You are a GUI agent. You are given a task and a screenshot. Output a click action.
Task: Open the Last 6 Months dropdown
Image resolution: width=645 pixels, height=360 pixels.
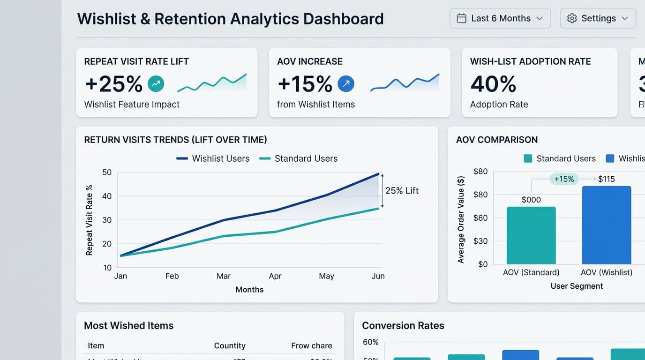coord(500,18)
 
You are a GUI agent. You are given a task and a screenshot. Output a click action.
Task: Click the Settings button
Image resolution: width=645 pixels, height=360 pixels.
coord(598,18)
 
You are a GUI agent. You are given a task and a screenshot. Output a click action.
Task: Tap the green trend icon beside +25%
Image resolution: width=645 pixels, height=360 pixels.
coord(156,84)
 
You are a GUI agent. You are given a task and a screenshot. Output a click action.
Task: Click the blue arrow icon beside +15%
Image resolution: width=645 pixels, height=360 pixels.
coord(346,84)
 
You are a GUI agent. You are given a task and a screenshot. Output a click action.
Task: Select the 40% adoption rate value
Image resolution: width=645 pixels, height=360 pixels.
coord(493,84)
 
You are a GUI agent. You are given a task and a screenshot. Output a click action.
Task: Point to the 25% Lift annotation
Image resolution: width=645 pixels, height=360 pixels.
coord(402,190)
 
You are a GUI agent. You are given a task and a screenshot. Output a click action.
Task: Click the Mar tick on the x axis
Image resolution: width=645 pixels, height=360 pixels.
coord(224,276)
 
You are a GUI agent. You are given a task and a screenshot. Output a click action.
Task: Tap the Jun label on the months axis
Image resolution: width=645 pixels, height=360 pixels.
coord(378,276)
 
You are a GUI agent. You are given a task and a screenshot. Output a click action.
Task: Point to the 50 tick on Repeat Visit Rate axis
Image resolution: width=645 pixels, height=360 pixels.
coord(107,172)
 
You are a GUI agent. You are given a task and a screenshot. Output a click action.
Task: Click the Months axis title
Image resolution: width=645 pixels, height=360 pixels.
coord(249,290)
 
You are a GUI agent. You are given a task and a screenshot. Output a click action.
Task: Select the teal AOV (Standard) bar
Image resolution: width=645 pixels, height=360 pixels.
coord(531,235)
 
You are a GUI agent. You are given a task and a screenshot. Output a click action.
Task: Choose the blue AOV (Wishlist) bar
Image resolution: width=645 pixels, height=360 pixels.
coord(607,225)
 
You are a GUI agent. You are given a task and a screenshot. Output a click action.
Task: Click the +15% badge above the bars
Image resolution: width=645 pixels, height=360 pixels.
coord(564,179)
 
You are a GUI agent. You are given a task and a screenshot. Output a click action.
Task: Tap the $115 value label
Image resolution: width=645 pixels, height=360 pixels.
coord(606,179)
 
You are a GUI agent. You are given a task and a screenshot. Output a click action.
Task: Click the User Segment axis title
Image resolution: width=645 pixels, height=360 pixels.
coord(577,286)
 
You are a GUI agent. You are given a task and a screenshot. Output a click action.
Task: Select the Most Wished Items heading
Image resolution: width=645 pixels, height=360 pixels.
coord(128,325)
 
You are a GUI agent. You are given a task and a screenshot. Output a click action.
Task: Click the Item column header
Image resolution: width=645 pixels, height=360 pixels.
coord(96,345)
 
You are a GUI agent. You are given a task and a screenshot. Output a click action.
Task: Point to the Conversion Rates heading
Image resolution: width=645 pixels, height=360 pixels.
coord(403,325)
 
